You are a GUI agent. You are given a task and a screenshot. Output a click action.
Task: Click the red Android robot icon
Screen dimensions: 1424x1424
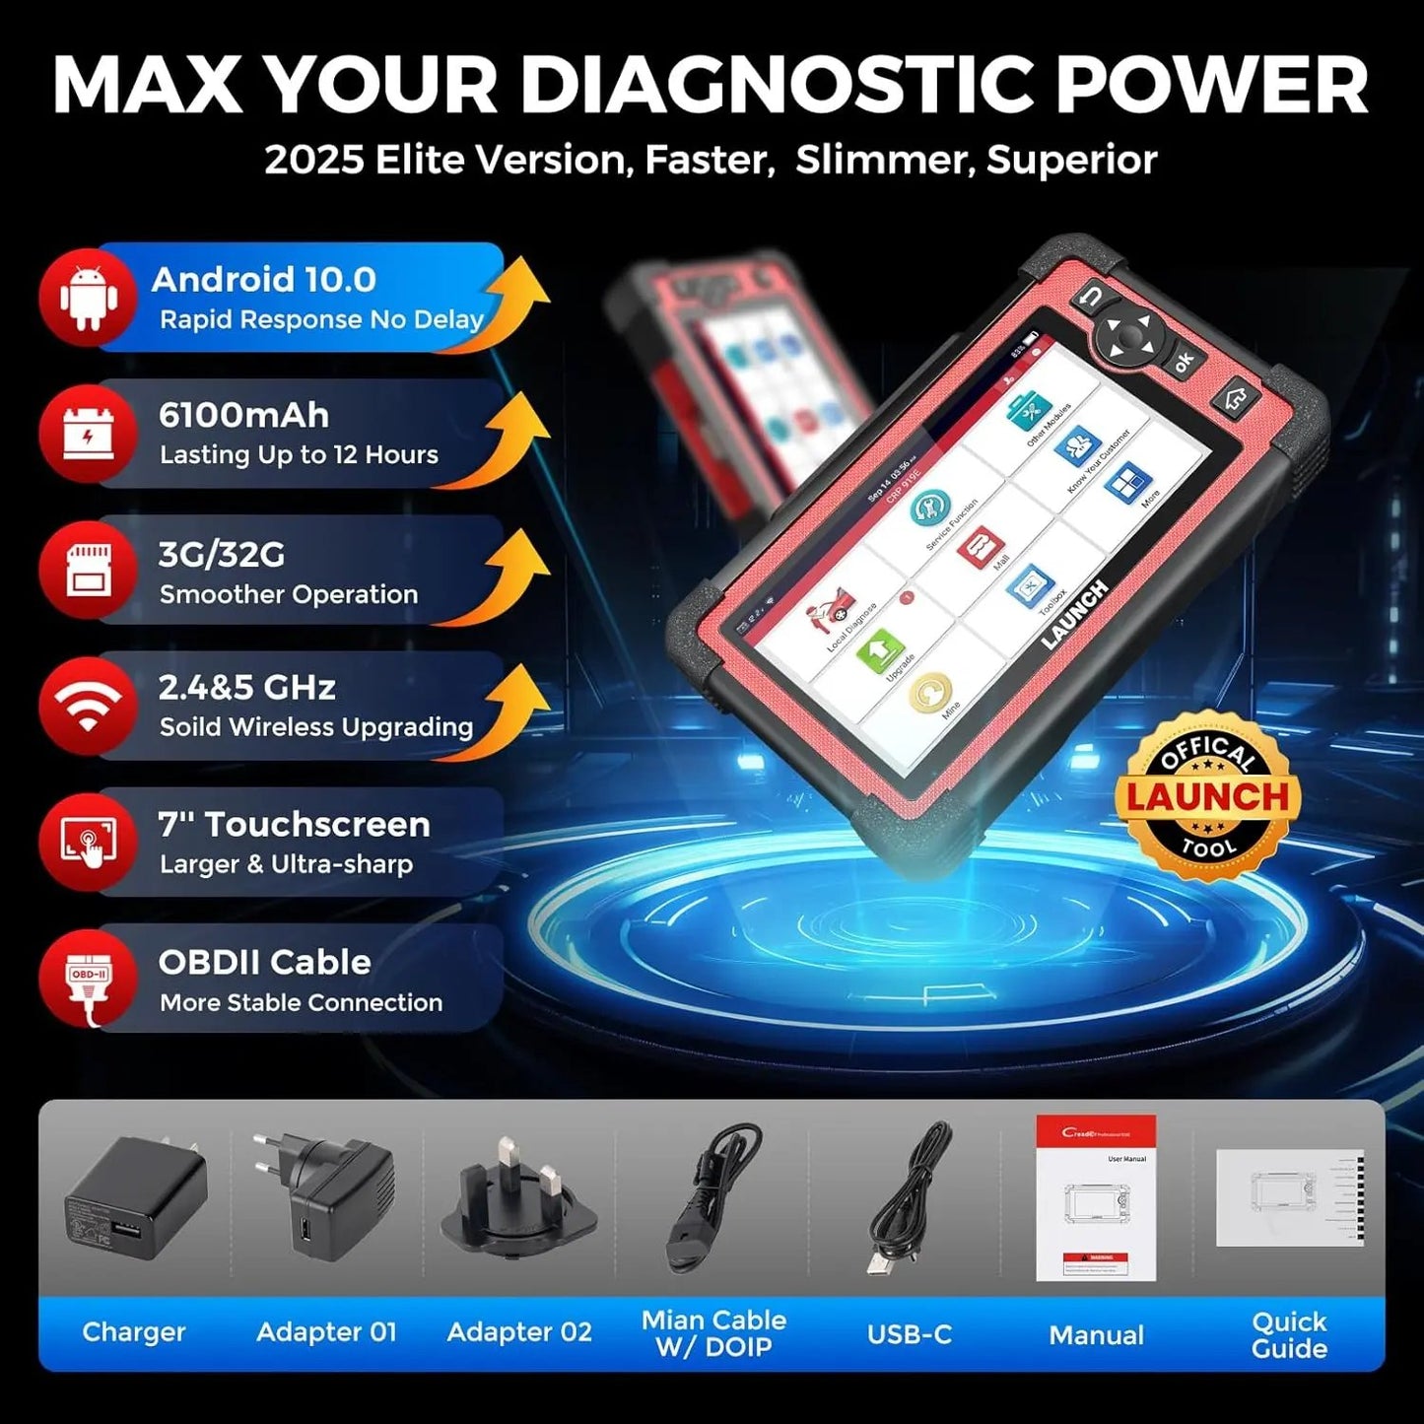tap(89, 298)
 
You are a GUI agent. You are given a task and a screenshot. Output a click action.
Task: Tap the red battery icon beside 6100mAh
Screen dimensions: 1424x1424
tap(89, 434)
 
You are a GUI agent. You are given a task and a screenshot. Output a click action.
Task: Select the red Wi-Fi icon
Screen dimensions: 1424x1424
tap(89, 706)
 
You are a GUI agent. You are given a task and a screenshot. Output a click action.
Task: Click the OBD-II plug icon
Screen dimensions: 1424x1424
tap(89, 978)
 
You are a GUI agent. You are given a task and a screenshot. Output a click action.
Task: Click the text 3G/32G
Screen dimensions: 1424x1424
tap(222, 555)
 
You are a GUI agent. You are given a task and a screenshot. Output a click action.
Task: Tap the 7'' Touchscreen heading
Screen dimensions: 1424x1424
tap(294, 824)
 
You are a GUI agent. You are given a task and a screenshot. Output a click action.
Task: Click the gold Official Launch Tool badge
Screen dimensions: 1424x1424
tap(1208, 796)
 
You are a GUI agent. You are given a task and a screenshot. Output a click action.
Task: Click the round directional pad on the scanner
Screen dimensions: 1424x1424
tap(1129, 338)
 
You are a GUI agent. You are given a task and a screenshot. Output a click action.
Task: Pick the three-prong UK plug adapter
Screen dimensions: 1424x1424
tap(518, 1198)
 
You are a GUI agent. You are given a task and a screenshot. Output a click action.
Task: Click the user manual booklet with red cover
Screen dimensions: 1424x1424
tap(1096, 1198)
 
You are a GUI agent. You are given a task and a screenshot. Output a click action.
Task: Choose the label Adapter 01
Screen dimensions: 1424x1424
tap(326, 1332)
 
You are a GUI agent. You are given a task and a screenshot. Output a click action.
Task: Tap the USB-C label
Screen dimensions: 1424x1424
tap(909, 1334)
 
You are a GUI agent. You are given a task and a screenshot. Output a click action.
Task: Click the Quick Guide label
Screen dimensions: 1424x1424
tap(1289, 1335)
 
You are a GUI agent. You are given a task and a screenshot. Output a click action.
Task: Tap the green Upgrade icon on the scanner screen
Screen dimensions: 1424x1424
tap(880, 650)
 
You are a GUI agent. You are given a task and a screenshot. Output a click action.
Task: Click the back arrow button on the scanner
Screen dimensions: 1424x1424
tap(1091, 297)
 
